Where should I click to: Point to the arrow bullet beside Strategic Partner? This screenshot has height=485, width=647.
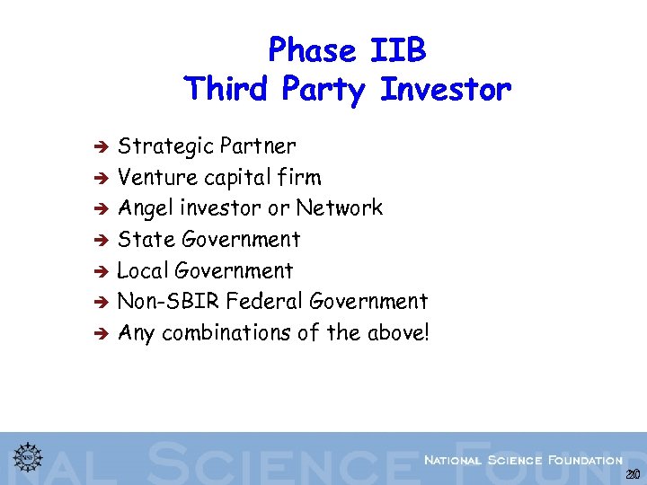pos(102,146)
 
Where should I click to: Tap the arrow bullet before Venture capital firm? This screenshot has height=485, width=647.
pos(102,178)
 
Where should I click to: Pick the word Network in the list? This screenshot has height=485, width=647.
pos(340,208)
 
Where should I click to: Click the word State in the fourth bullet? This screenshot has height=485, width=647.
pos(146,239)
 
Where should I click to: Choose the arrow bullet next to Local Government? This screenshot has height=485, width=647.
pos(102,271)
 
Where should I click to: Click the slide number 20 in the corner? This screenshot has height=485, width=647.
pos(633,474)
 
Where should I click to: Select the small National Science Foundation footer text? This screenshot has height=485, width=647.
pos(523,460)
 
